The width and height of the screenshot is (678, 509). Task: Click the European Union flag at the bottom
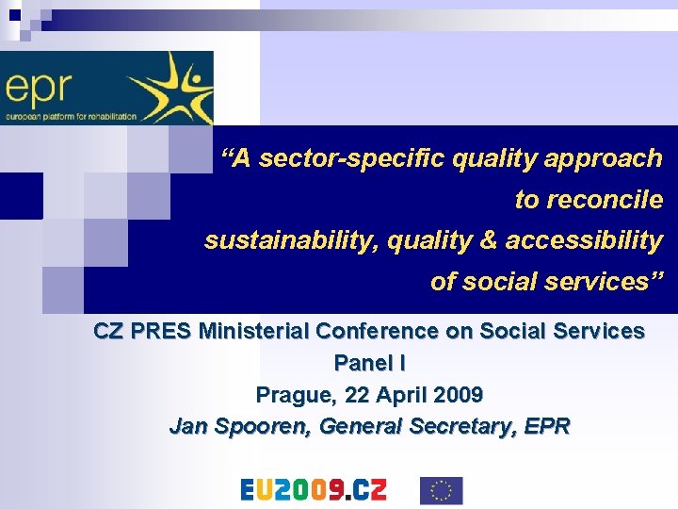click(441, 490)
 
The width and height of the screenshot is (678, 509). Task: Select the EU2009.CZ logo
click(314, 490)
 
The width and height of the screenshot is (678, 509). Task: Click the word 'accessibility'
click(584, 240)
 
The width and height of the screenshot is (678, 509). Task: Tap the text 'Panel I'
click(369, 362)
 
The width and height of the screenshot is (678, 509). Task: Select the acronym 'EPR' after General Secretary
click(548, 426)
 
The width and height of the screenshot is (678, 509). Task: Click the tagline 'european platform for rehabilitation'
click(71, 117)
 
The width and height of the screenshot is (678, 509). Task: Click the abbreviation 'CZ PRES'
click(142, 331)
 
